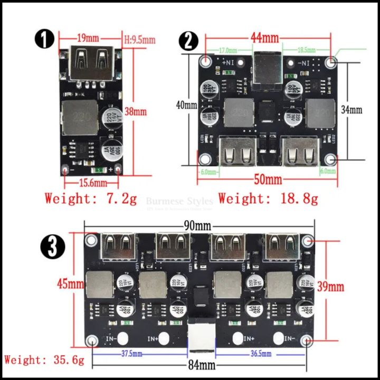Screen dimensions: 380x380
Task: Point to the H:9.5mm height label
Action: (139, 40)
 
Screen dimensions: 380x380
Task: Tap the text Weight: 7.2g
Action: (91, 199)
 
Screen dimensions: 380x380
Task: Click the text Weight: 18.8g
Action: (268, 199)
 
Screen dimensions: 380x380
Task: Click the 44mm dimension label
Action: (264, 38)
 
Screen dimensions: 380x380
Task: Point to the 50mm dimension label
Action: (268, 179)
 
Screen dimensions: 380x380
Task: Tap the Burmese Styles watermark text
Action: (179, 201)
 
